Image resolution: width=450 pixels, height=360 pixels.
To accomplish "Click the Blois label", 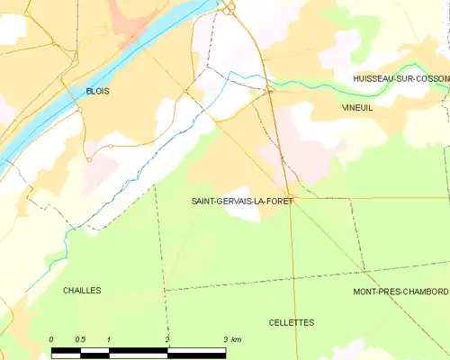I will (x=97, y=92).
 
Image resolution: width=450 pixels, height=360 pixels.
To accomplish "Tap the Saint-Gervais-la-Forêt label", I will (x=242, y=202).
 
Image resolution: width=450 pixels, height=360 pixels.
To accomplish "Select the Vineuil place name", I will (x=356, y=107).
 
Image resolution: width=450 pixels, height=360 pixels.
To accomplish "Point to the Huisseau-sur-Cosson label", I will (x=400, y=79).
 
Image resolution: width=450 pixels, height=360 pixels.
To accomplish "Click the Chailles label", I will (x=82, y=291).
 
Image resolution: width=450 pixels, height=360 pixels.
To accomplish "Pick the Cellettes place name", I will (x=292, y=322).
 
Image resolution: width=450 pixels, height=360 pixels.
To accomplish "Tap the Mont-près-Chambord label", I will (x=400, y=292).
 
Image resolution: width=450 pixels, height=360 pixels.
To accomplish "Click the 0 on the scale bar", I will (x=51, y=339).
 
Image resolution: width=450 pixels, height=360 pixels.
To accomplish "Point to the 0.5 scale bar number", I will (x=80, y=339).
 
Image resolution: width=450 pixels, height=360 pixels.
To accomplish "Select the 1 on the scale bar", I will (x=109, y=339).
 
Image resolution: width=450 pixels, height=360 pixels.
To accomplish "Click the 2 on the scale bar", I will (x=167, y=339).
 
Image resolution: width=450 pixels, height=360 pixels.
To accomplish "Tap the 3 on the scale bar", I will (x=225, y=339).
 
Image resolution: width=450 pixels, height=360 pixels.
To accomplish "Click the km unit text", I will (x=236, y=339).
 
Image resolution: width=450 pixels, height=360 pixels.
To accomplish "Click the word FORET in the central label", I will (x=279, y=202).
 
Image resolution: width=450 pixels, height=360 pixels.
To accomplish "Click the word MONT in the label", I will (x=364, y=292).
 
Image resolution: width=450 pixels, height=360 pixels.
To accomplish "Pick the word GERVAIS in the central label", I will (x=237, y=202).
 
